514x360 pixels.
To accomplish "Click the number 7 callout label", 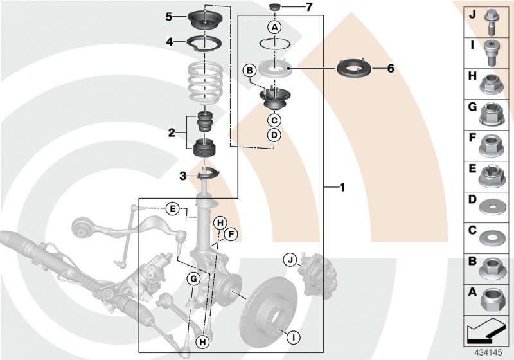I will (308, 8).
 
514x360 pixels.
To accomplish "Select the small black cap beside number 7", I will (274, 8).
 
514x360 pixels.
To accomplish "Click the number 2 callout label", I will (172, 133).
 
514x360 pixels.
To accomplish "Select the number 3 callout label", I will (182, 175).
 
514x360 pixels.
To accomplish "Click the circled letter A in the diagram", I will (274, 27).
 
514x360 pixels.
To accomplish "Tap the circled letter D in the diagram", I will (274, 135).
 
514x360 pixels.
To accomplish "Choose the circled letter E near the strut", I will (172, 208).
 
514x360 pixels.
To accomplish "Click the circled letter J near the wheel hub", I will (290, 260).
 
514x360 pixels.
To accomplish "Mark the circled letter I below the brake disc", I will (292, 336).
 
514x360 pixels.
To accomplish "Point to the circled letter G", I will (192, 278).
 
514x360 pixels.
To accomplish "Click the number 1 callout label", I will (342, 188).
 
